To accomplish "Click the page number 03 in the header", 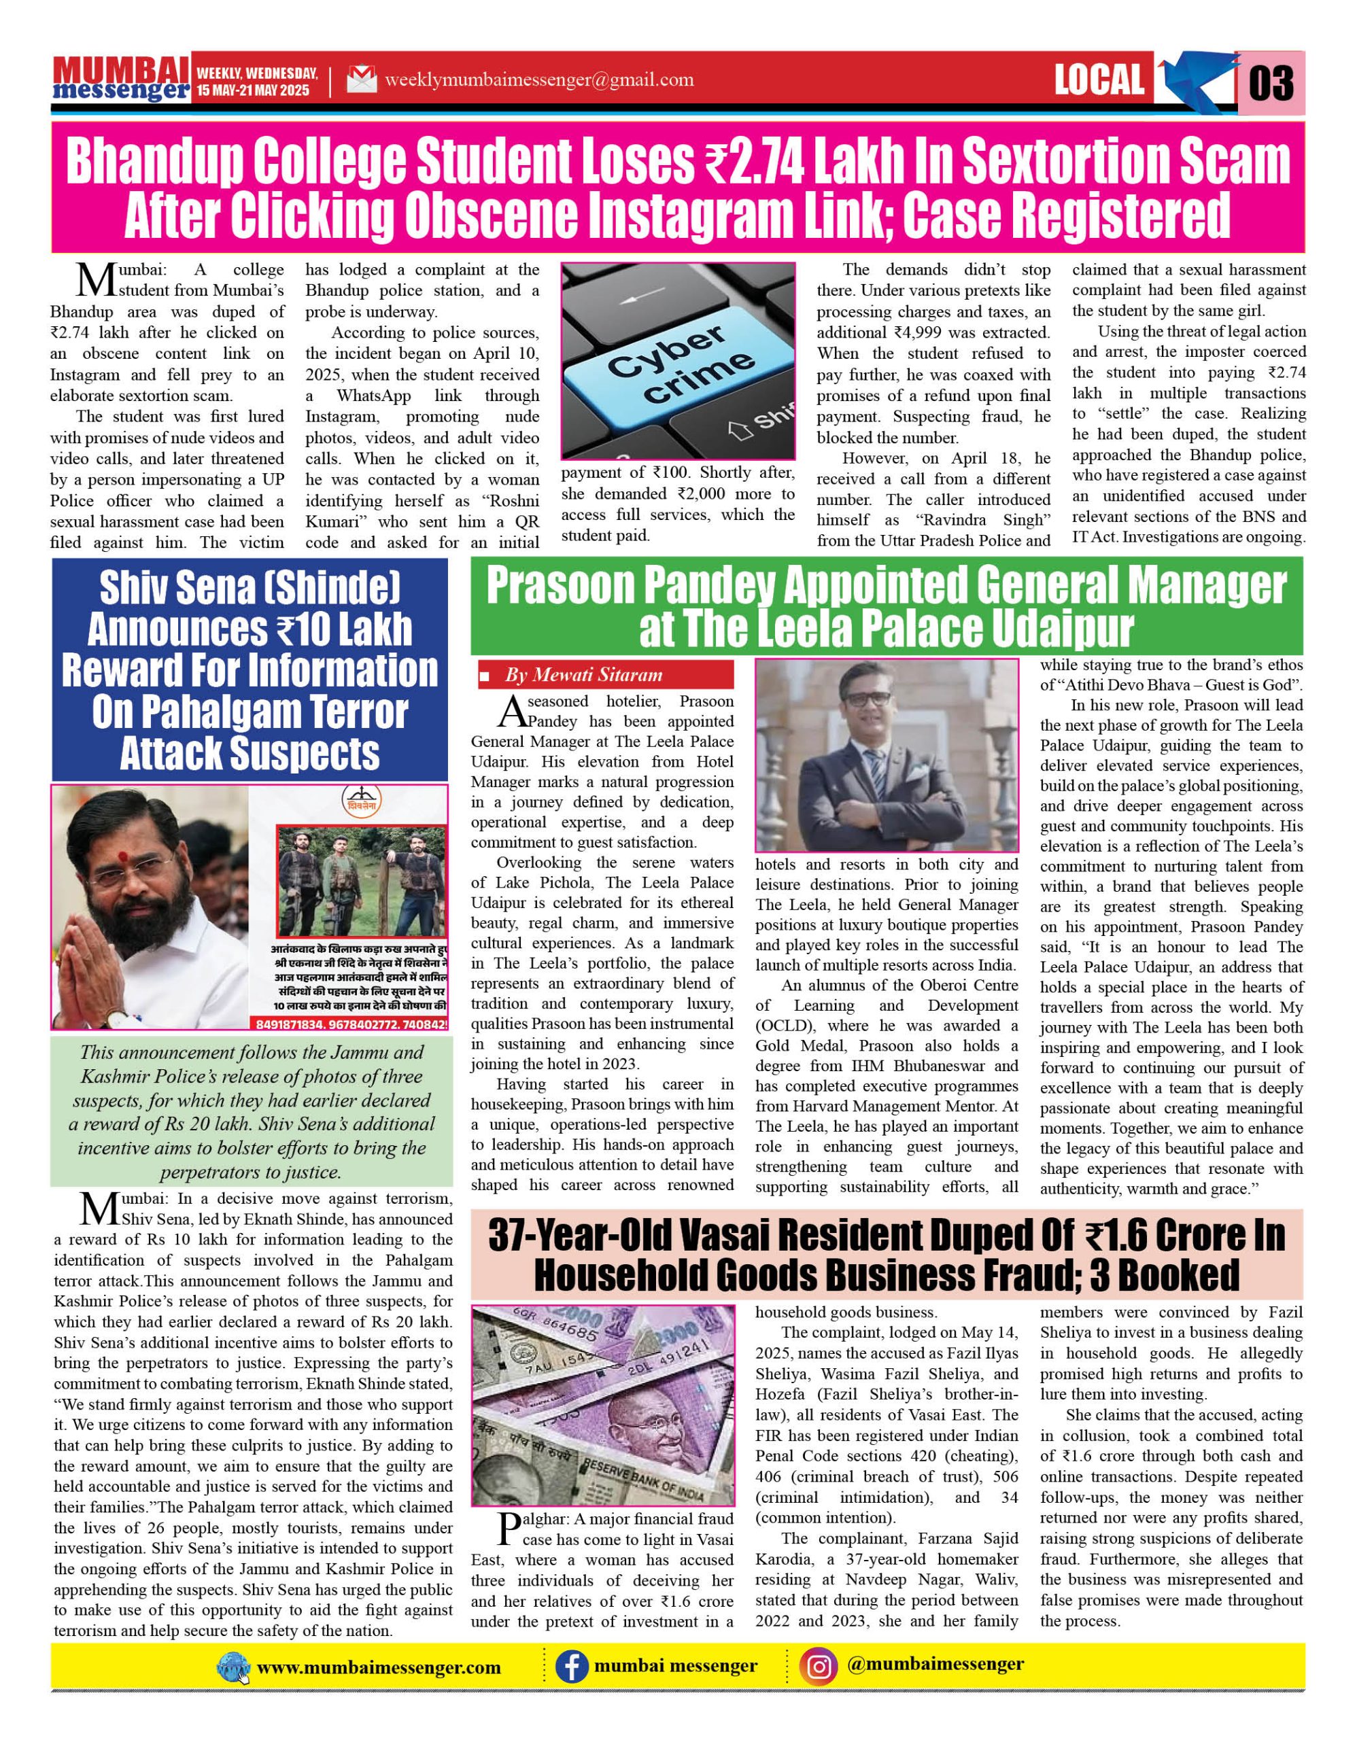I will [x=1270, y=82].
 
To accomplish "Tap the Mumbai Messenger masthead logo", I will [x=121, y=80].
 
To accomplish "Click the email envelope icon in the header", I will [x=361, y=80].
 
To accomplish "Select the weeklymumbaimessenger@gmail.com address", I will [x=538, y=80].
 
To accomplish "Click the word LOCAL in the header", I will [x=1099, y=80].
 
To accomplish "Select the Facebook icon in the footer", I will [x=570, y=1667].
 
